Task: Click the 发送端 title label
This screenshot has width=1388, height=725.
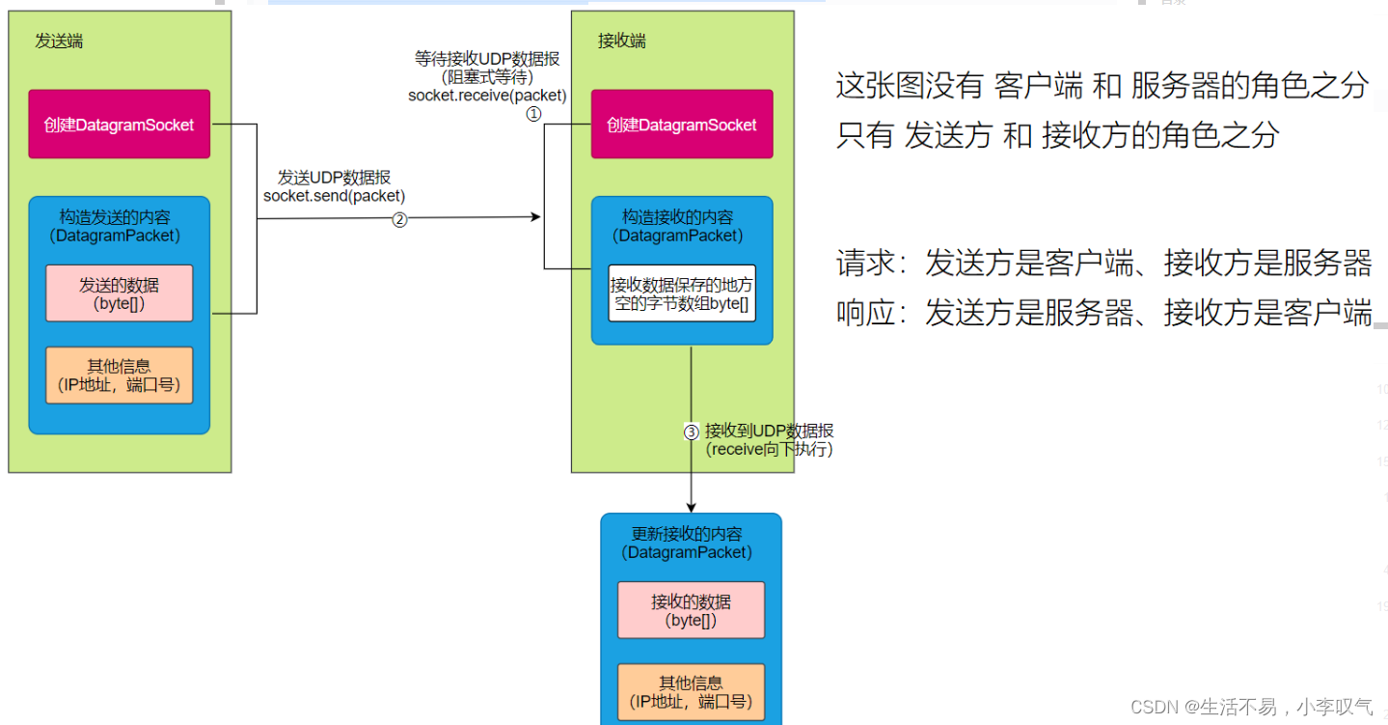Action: coord(58,41)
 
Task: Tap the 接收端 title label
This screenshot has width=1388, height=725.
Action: coord(621,41)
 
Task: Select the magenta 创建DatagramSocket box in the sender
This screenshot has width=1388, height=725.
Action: coord(119,125)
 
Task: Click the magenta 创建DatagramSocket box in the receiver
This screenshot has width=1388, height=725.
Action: coord(682,125)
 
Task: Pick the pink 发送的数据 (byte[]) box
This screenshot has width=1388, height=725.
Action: coord(119,293)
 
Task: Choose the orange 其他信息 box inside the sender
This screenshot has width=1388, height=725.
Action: coord(119,376)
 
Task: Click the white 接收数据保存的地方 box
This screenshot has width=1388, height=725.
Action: coord(682,293)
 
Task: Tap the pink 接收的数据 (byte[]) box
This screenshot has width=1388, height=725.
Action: coord(691,610)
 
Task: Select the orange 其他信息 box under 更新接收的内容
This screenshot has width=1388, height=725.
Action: coord(691,692)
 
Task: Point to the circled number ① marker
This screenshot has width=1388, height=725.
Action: coord(533,114)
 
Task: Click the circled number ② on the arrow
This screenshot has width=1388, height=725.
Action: coord(399,219)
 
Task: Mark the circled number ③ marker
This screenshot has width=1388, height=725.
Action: coord(691,432)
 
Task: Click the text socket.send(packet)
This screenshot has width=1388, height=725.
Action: coord(334,196)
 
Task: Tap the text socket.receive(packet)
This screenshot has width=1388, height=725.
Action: coord(487,95)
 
